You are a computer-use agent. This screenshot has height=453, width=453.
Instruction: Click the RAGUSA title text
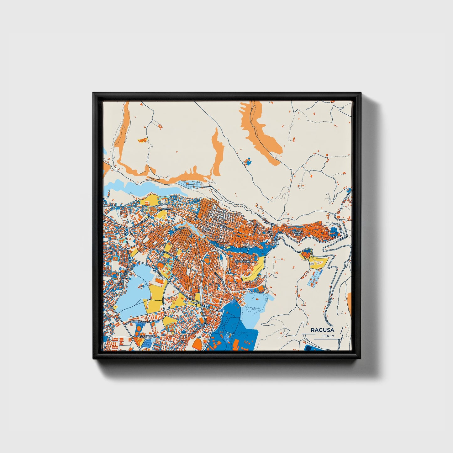pyautogui.click(x=322, y=330)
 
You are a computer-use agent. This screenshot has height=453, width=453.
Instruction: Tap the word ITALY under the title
pyautogui.click(x=328, y=336)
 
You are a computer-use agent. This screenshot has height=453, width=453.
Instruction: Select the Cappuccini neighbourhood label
pyautogui.click(x=243, y=261)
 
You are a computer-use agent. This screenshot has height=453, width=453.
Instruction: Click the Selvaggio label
pyautogui.click(x=145, y=336)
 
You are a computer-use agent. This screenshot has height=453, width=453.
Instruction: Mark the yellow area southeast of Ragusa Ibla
pyautogui.click(x=318, y=261)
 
